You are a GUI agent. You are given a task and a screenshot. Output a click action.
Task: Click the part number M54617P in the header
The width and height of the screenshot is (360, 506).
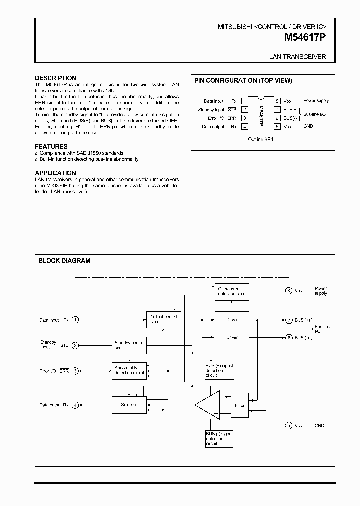coord(305,37)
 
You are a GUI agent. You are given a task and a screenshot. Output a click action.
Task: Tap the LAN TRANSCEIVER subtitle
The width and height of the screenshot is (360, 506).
coord(298,57)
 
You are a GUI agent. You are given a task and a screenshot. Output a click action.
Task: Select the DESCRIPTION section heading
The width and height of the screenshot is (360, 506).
coord(55,78)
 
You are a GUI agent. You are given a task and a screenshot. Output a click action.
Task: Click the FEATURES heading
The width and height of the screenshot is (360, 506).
coord(50,146)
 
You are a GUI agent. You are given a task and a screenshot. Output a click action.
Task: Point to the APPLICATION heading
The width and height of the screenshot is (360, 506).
coord(55,173)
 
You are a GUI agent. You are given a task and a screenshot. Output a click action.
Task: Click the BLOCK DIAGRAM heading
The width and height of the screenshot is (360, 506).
coord(65,261)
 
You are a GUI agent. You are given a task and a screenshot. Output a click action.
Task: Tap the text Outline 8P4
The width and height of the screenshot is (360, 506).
coord(261,140)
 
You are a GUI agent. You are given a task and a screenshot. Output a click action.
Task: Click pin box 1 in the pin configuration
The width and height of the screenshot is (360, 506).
coord(245,101)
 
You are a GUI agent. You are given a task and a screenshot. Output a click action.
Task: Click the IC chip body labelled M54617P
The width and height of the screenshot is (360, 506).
coord(261,114)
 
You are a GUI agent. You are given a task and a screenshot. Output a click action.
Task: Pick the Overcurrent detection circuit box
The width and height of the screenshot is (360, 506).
coord(231,291)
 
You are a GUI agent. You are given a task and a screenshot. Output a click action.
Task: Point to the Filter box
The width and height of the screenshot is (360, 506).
coord(239,405)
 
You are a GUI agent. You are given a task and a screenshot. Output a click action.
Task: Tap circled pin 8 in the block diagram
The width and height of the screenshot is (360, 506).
coord(288,291)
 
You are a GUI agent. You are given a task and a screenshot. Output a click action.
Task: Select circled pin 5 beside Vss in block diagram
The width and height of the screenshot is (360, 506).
coord(288,426)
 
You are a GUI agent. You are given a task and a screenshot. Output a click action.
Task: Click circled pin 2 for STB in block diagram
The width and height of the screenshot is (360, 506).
coord(75,345)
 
